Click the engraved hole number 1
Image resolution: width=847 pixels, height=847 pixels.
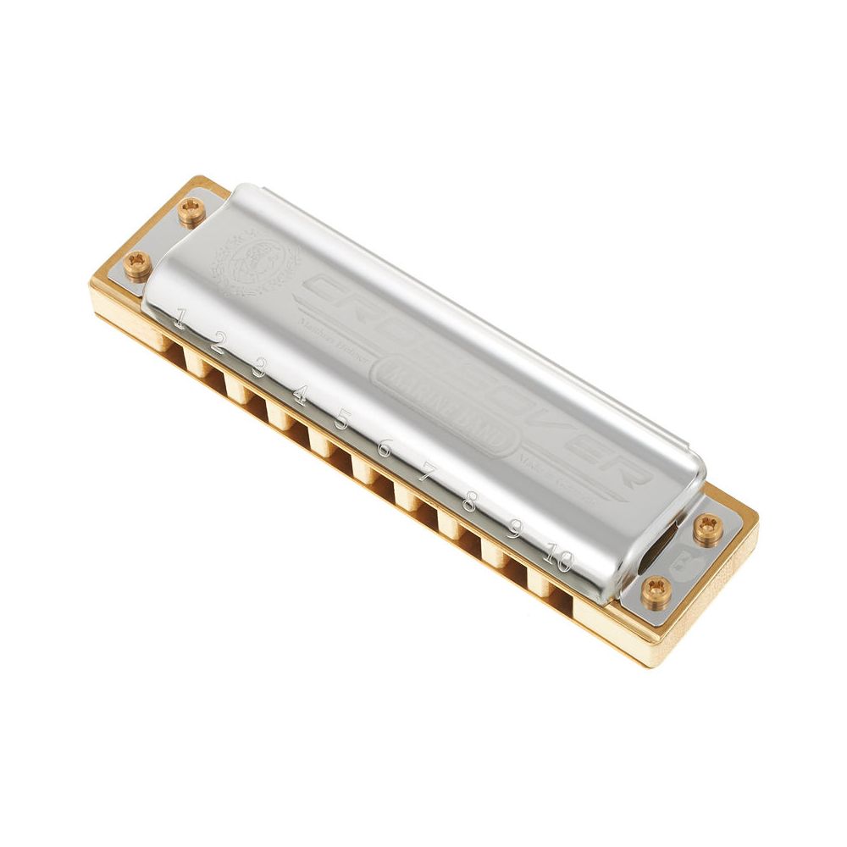click(180, 321)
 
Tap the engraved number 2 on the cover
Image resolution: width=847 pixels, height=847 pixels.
click(219, 343)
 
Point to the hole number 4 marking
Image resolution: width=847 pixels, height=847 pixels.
click(300, 394)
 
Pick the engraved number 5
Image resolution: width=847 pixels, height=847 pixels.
click(342, 419)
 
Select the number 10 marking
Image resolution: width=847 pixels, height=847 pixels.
click(559, 558)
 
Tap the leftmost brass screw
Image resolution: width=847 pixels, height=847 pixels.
click(136, 264)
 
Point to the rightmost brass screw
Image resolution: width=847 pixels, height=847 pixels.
click(706, 529)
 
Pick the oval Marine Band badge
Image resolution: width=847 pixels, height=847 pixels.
click(446, 401)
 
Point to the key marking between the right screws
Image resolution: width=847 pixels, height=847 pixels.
click(683, 562)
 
